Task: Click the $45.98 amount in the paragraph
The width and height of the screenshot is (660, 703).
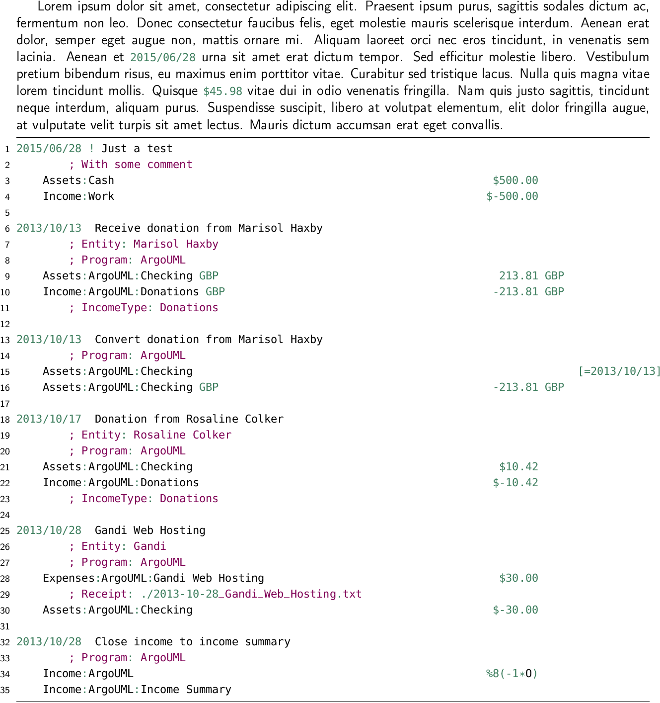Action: coord(222,91)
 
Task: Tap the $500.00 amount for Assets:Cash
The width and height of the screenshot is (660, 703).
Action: coord(515,180)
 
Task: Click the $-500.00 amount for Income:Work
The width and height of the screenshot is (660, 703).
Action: coord(512,196)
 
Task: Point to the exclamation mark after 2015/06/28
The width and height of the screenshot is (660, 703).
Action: coord(91,148)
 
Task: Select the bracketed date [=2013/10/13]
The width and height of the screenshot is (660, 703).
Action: coord(619,371)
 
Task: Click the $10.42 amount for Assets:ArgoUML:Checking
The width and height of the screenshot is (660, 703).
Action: coord(518,466)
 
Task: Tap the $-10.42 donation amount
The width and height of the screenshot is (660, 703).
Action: coord(515,482)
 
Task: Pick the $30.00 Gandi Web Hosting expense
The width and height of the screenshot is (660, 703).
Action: coord(518,578)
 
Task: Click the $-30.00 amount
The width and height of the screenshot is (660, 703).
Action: coord(515,610)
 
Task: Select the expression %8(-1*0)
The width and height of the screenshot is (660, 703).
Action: coord(512,673)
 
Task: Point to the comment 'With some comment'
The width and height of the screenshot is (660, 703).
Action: coord(136,164)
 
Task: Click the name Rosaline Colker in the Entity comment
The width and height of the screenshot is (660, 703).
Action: coord(182,435)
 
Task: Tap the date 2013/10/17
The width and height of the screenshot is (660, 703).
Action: coord(49,419)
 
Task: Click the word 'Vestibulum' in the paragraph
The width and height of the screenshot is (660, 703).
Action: coord(617,57)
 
